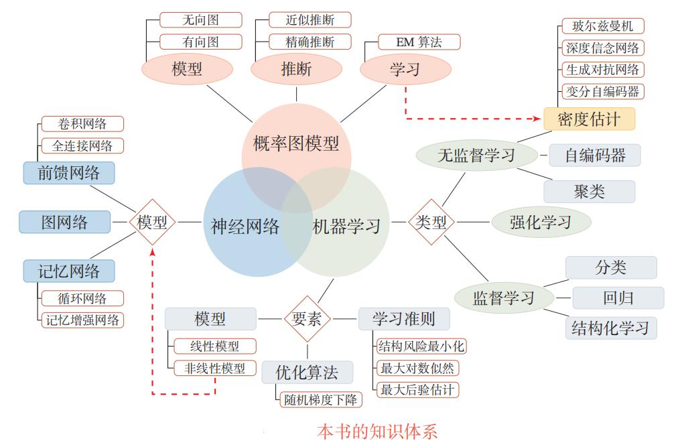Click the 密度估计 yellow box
point(589,119)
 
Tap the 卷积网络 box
point(82,124)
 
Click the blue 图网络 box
point(65,222)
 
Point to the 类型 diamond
point(431,222)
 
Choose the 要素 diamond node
point(308,319)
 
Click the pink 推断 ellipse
point(296,68)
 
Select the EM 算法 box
point(410,42)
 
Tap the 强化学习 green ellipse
point(541,222)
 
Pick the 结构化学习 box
point(610,328)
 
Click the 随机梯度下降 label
point(319,399)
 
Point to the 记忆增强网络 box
point(82,320)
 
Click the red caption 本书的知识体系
point(377,431)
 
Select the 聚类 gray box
point(589,192)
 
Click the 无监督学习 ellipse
point(476,155)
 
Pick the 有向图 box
point(200,42)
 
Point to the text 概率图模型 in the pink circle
point(296,143)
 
